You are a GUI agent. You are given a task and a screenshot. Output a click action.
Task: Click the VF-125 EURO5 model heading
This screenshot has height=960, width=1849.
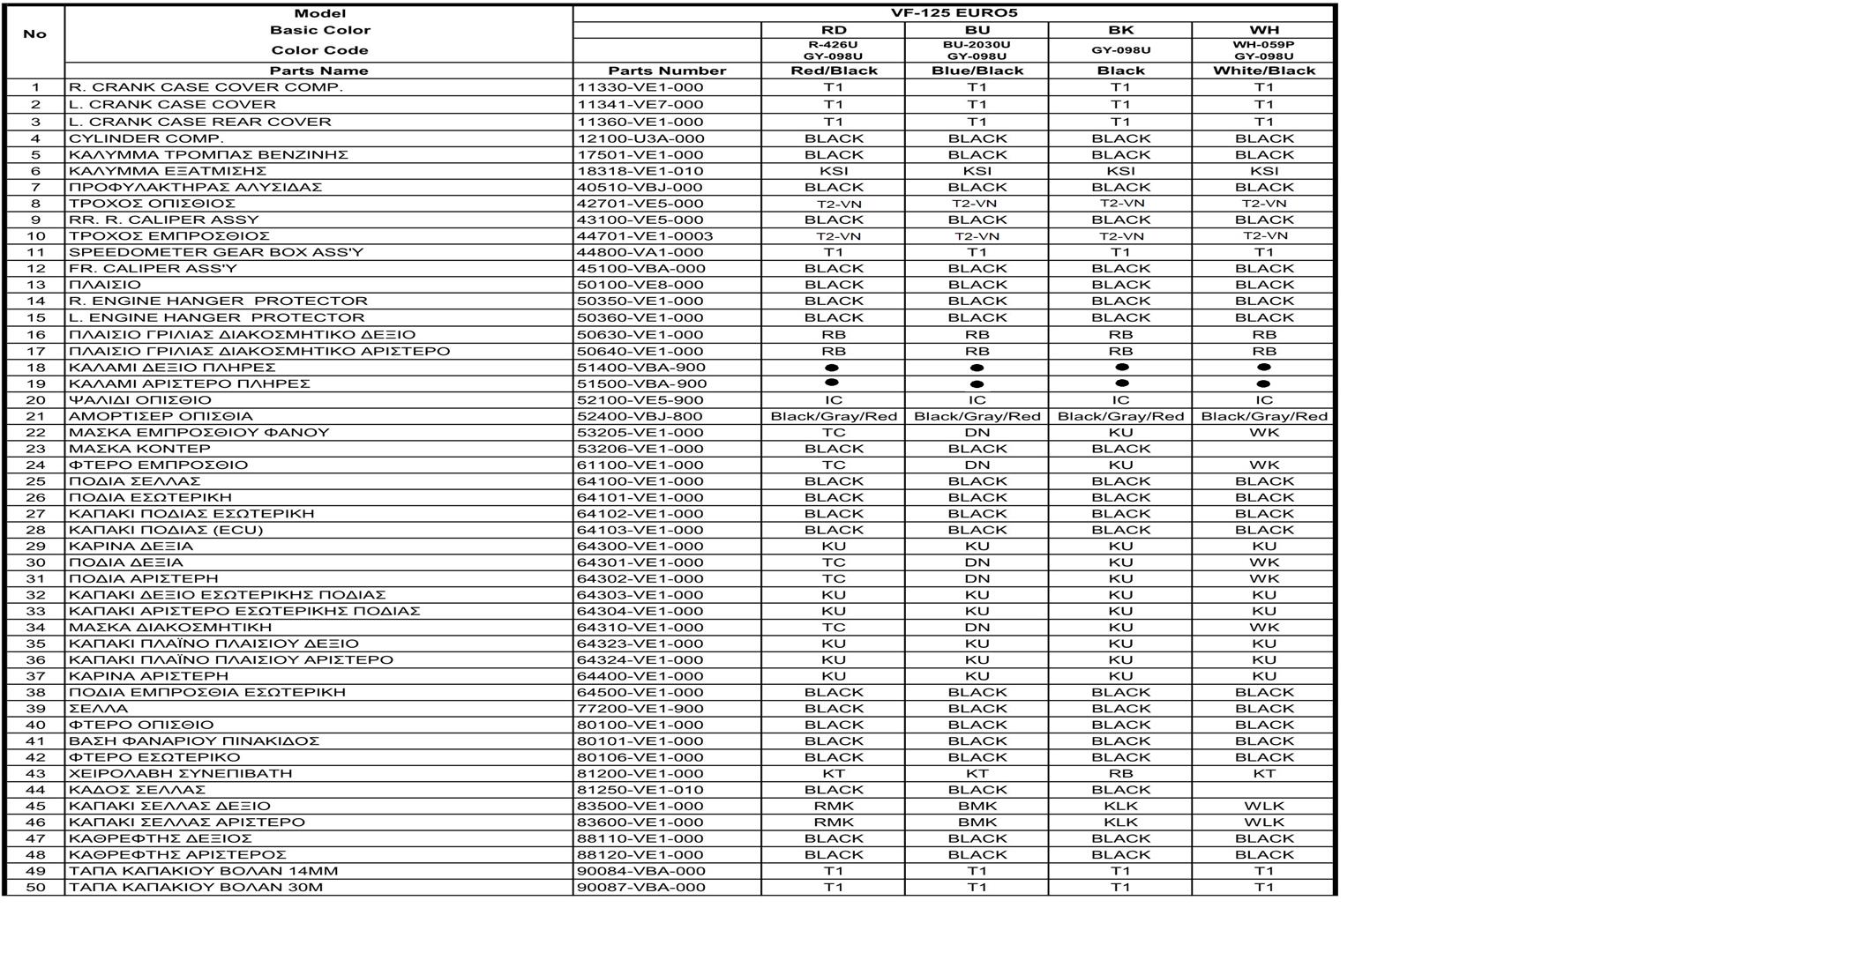pyautogui.click(x=954, y=13)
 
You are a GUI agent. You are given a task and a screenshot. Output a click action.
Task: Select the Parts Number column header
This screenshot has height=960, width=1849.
pyautogui.click(x=667, y=71)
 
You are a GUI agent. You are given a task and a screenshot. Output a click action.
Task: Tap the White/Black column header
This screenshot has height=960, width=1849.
pyautogui.click(x=1263, y=71)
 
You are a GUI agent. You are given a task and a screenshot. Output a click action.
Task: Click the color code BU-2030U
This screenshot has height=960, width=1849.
pyautogui.click(x=977, y=44)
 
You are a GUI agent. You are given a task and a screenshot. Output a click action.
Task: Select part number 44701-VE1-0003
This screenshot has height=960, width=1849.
pyautogui.click(x=645, y=236)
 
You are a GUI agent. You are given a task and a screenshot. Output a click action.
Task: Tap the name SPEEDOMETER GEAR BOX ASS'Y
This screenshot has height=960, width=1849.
pyautogui.click(x=216, y=252)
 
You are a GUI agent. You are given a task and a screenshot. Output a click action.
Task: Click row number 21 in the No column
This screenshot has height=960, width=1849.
pyautogui.click(x=35, y=416)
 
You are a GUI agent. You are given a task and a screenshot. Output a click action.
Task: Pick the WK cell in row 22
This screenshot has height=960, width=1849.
pyautogui.click(x=1263, y=433)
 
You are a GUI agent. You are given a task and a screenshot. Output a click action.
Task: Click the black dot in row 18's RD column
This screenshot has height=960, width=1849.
pyautogui.click(x=831, y=368)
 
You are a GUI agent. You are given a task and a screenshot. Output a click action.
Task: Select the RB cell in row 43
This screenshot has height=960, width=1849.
pyautogui.click(x=1120, y=774)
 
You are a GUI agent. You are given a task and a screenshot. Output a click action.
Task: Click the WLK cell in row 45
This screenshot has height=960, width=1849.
pyautogui.click(x=1263, y=807)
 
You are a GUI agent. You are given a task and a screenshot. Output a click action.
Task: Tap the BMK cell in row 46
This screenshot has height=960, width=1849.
pyautogui.click(x=977, y=822)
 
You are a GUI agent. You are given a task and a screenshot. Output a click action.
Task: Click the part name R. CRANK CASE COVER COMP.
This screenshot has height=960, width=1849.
pyautogui.click(x=206, y=87)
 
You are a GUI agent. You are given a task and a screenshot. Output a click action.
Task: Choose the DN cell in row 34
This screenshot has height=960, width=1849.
pyautogui.click(x=977, y=628)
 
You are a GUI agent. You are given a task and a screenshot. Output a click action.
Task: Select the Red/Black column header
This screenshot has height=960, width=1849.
pyautogui.click(x=834, y=71)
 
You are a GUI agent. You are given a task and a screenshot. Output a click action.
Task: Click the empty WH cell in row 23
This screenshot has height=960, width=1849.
pyautogui.click(x=1263, y=449)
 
